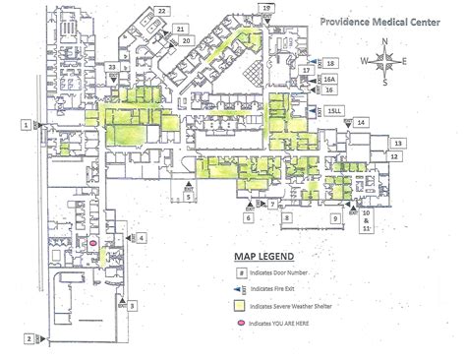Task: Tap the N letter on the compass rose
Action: click(x=385, y=41)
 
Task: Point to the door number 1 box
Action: click(x=24, y=125)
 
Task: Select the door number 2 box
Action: click(x=29, y=338)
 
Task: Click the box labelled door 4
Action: click(x=142, y=237)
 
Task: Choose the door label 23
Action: click(x=113, y=67)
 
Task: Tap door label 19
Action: click(x=266, y=8)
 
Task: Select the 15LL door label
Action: click(x=336, y=110)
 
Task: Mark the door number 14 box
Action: click(x=362, y=122)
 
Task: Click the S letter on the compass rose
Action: click(x=385, y=82)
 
